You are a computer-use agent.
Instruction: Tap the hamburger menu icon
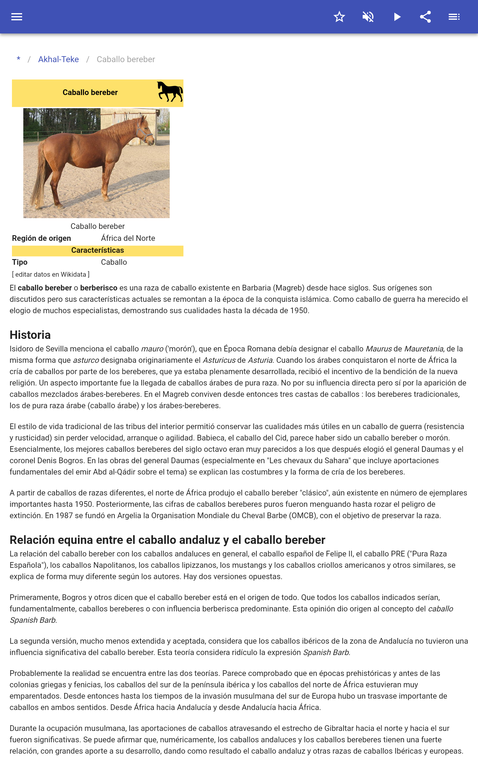click(17, 17)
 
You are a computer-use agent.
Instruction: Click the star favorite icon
click(339, 17)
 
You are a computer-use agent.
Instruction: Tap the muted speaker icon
click(368, 17)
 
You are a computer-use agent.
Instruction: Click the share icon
click(425, 17)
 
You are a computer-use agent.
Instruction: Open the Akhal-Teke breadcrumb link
click(59, 59)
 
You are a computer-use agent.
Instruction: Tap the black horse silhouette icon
click(170, 92)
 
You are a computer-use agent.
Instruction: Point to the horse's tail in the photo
click(39, 177)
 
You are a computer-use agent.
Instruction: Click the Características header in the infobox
click(97, 250)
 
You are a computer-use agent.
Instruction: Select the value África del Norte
click(128, 238)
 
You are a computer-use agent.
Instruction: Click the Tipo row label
click(20, 262)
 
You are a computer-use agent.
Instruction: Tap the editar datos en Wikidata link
click(50, 274)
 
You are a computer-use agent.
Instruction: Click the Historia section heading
click(30, 335)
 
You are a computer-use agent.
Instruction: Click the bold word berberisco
click(99, 288)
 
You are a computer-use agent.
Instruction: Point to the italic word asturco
click(86, 360)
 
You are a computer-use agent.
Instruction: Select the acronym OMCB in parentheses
click(303, 515)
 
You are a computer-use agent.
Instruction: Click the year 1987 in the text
click(64, 515)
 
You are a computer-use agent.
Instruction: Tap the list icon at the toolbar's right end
click(454, 17)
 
